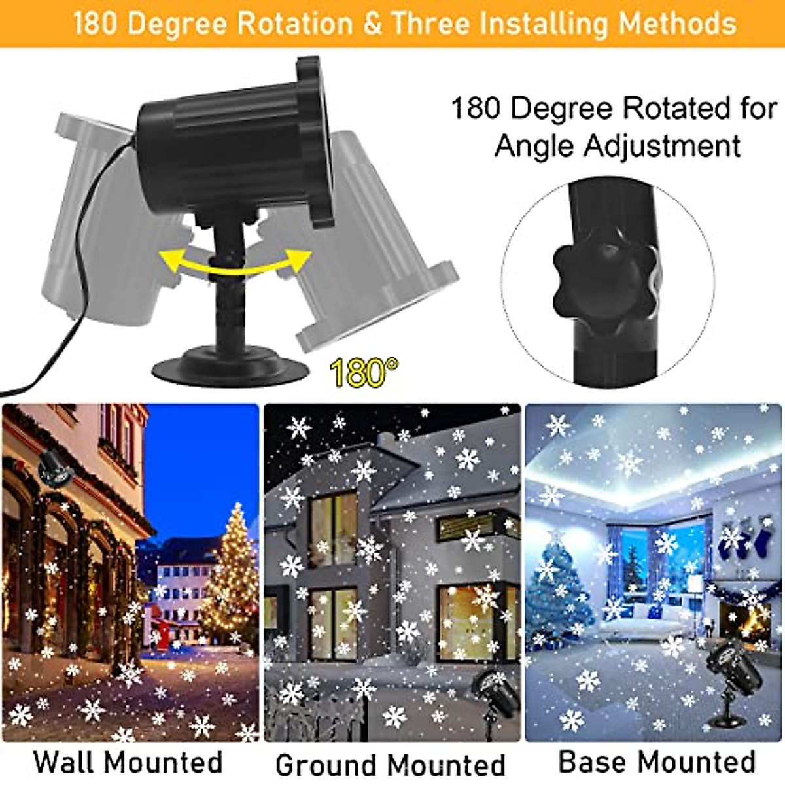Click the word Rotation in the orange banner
coord(294,24)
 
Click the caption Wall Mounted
coord(128,762)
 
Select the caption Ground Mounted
coord(391,764)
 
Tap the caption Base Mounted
coord(656,762)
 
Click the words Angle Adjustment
coord(617,145)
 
